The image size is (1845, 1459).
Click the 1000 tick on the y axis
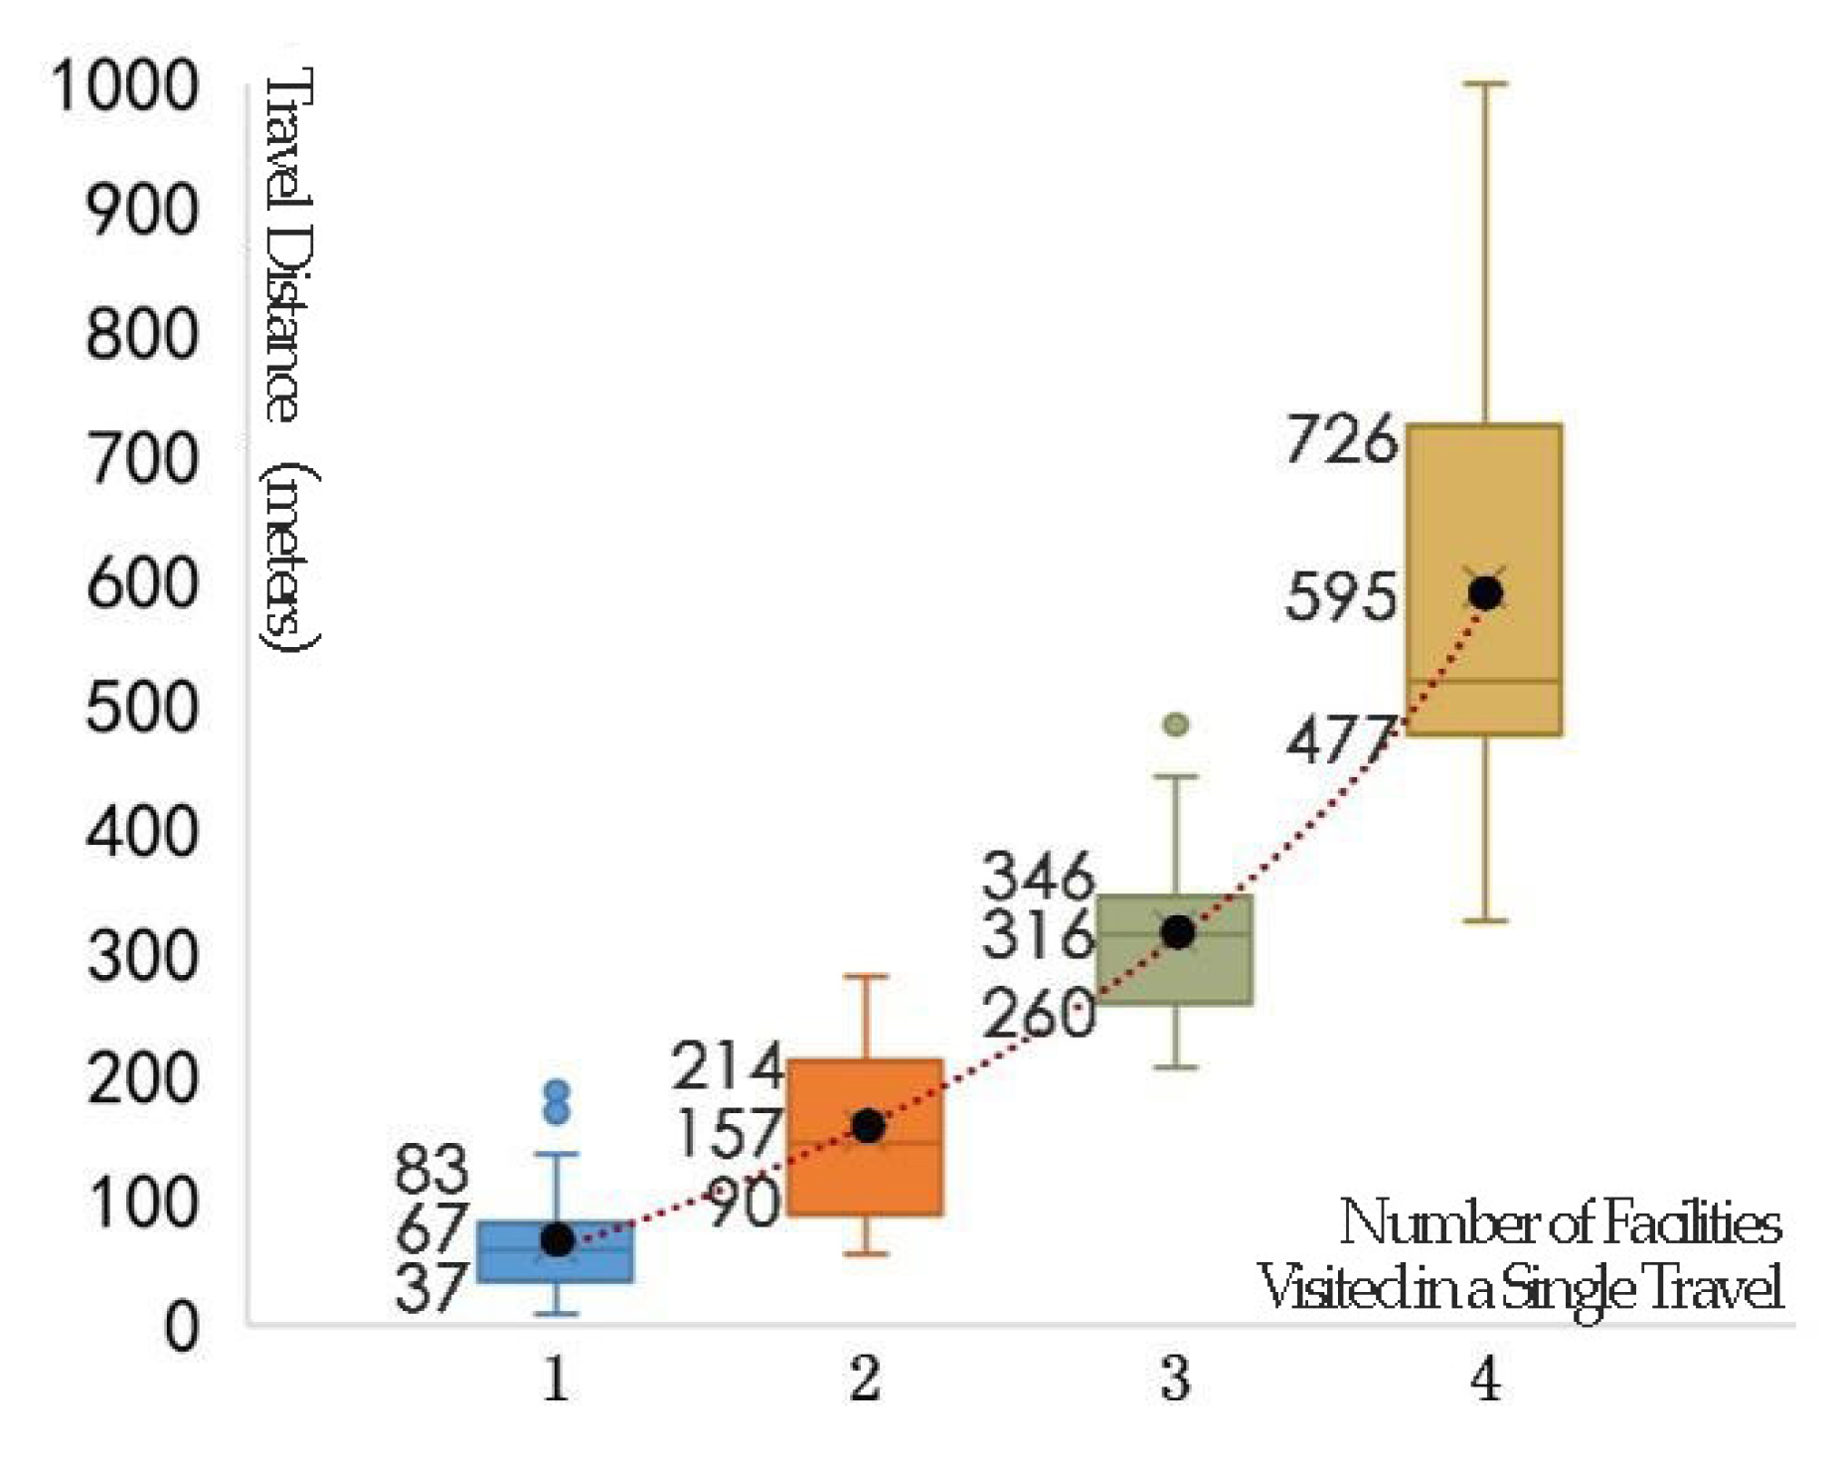coord(125,85)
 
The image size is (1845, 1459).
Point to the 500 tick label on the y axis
coord(142,709)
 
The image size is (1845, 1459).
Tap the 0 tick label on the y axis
coord(181,1327)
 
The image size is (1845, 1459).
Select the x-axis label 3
coord(1175,1380)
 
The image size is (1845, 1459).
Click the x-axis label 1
coord(556,1380)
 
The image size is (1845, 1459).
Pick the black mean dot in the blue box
coord(558,1240)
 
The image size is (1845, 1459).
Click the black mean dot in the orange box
coord(869,1126)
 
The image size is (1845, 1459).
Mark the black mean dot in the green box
coord(1178,932)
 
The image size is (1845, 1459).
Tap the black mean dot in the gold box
coord(1485,593)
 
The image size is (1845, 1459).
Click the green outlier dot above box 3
coord(1176,725)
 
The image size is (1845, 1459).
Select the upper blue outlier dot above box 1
coord(558,1091)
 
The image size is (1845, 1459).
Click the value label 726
coord(1341,440)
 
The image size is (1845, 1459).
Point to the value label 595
coord(1341,598)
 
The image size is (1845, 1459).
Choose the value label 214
coord(729,1066)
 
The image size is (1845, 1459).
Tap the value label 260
coord(1039,1016)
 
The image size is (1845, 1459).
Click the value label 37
coord(430,1290)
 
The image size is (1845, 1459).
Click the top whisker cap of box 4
coord(1485,84)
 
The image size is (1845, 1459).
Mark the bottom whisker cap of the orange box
coord(866,1253)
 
